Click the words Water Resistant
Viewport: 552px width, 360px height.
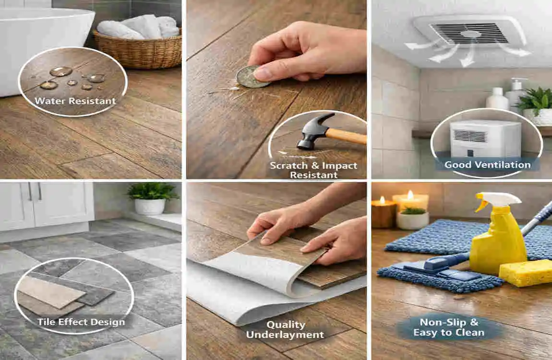point(75,101)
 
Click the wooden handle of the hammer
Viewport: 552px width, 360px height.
point(347,136)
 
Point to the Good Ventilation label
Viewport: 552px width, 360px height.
point(488,165)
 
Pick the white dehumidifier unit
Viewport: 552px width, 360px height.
point(485,139)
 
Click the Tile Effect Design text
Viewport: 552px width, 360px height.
point(81,322)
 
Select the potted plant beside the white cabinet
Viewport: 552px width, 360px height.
point(152,198)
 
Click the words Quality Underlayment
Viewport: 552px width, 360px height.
point(285,329)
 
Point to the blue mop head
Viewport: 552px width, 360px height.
point(440,276)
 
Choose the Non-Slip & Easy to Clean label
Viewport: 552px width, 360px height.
point(449,327)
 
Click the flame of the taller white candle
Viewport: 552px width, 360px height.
point(410,194)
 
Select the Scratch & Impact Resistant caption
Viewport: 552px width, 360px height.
point(313,170)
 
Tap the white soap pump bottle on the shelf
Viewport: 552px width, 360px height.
point(516,94)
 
